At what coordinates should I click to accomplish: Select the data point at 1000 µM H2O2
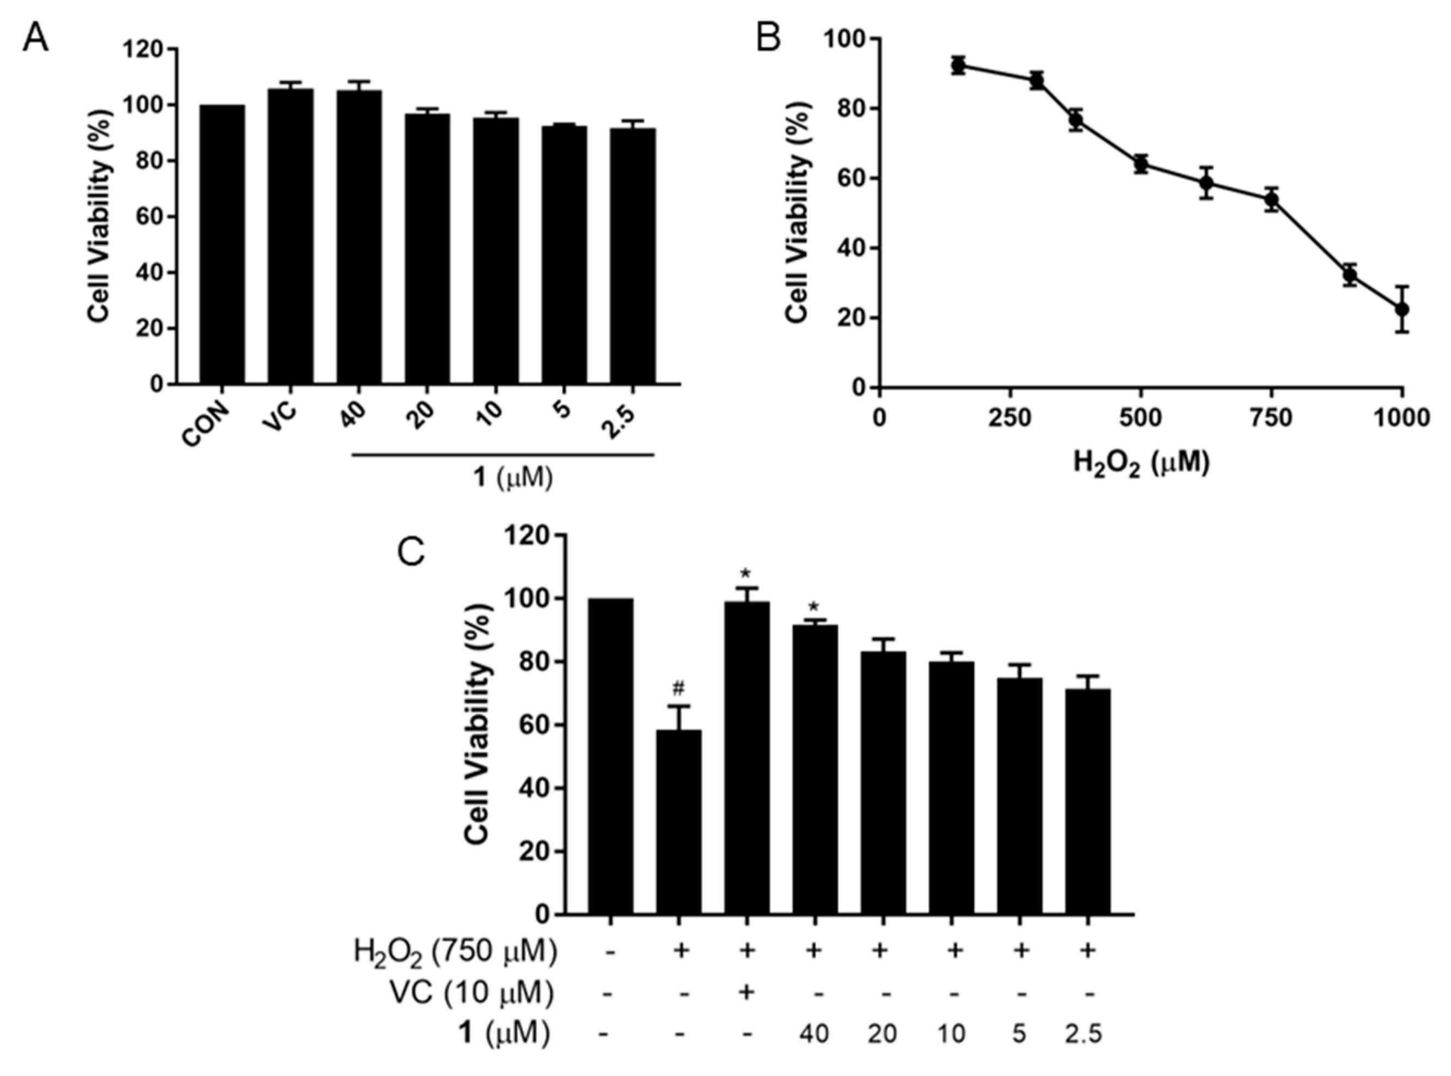point(1402,309)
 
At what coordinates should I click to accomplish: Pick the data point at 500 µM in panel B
point(1140,164)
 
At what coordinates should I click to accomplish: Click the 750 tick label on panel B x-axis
point(1271,417)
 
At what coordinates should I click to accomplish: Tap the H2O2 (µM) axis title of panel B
point(1141,464)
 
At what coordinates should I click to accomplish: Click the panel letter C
point(411,552)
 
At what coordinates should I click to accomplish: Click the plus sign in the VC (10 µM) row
point(747,993)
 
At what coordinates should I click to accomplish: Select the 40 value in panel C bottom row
point(814,1034)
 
